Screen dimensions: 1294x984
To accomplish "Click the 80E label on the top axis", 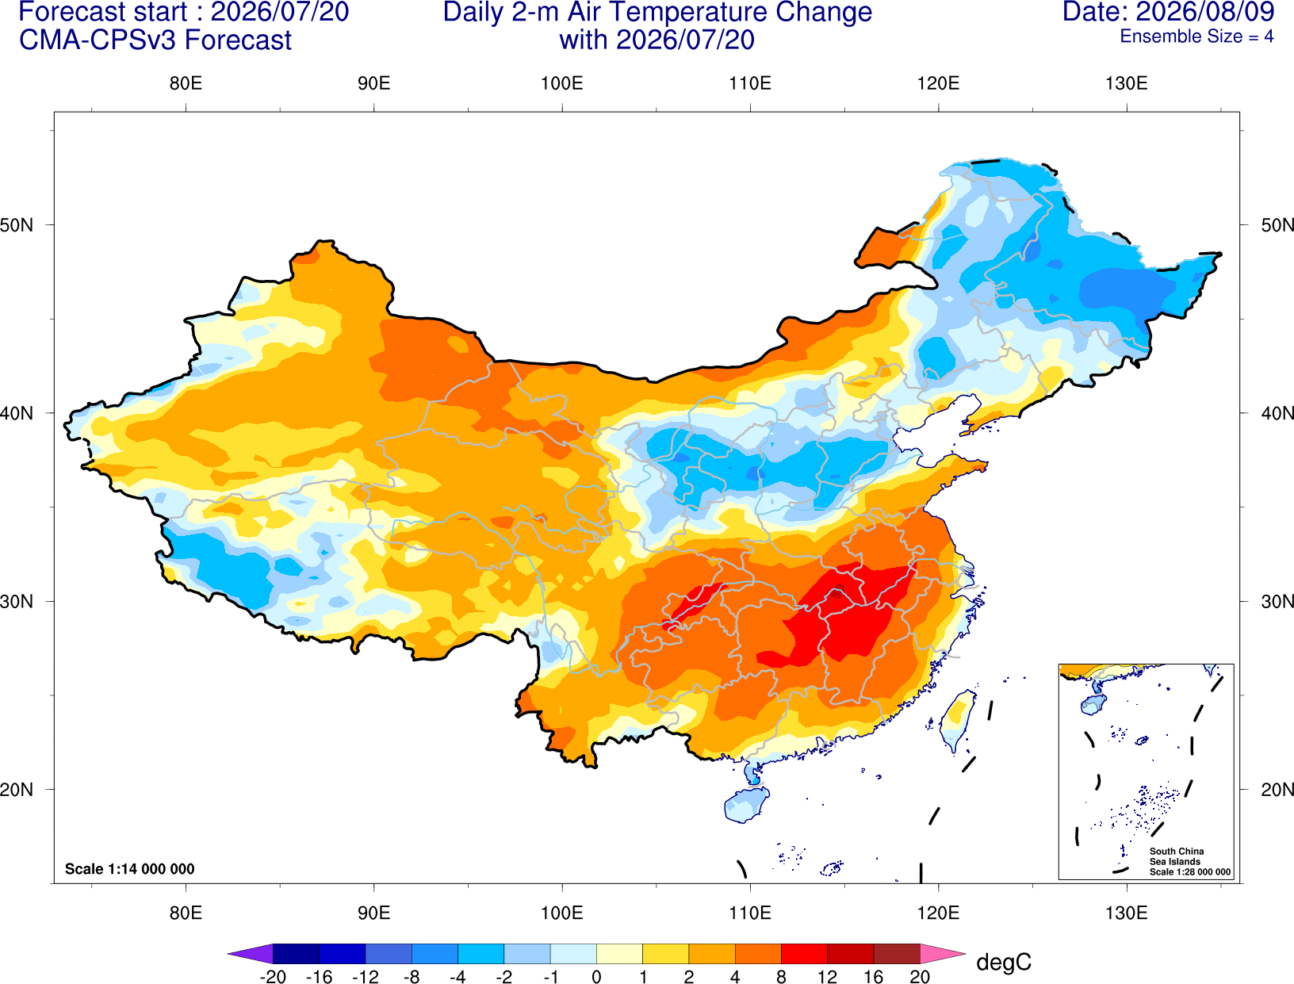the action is [x=186, y=83].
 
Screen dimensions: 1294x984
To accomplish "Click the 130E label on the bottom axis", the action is [x=1126, y=913].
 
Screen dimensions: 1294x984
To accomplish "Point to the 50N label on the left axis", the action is [x=17, y=224].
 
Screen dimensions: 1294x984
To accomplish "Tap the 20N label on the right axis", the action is [x=1277, y=790].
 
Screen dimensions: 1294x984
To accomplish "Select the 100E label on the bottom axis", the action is [x=562, y=913].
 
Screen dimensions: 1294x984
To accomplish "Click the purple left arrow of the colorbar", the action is [x=250, y=954].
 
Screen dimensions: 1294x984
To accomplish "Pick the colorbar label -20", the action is [x=273, y=977].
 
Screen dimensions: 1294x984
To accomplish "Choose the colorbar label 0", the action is [x=596, y=977].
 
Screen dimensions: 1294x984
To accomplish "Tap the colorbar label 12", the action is [x=827, y=977].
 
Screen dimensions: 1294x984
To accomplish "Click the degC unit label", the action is [x=1003, y=962].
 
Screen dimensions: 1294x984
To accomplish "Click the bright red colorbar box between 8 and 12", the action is [x=804, y=954].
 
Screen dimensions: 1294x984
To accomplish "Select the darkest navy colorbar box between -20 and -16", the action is [x=296, y=954].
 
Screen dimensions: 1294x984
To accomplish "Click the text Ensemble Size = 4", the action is [x=1196, y=36].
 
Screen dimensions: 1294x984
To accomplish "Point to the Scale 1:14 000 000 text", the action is [x=130, y=868].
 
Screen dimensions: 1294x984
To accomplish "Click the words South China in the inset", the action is [x=1176, y=852].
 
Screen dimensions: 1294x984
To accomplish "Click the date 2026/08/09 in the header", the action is [x=1205, y=11].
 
